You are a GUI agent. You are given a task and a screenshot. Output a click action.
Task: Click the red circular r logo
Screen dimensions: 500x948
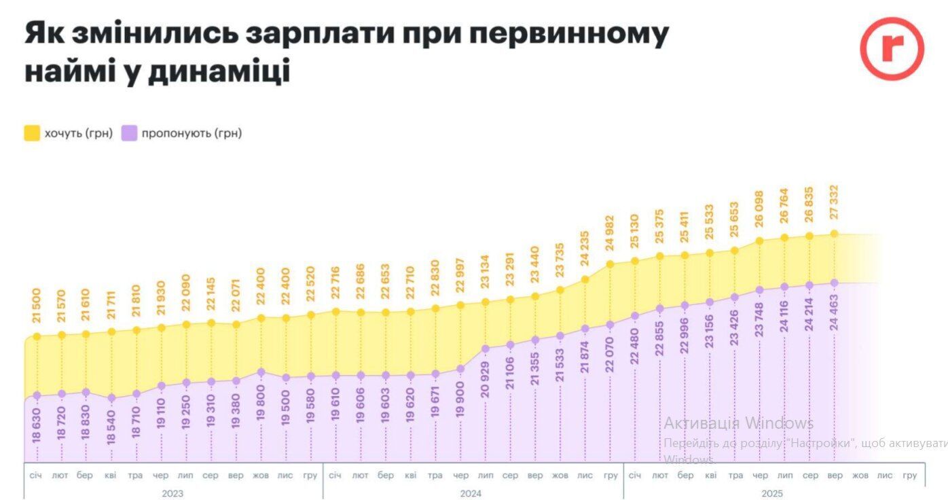[892, 48]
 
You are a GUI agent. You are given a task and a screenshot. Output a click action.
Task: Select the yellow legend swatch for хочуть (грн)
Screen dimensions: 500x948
[32, 133]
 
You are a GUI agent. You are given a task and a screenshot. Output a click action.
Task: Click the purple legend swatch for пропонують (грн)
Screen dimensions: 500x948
[129, 133]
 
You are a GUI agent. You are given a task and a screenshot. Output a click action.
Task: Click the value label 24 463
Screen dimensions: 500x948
[835, 312]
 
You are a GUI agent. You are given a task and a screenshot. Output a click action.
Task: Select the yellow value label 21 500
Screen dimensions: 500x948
[37, 306]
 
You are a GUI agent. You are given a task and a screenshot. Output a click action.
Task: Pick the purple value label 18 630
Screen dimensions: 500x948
[37, 425]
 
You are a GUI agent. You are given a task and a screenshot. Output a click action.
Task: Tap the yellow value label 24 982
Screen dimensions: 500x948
[610, 234]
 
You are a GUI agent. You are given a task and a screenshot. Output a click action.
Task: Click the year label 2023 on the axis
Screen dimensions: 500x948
[172, 493]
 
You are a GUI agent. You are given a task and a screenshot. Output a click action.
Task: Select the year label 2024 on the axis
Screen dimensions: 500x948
[471, 493]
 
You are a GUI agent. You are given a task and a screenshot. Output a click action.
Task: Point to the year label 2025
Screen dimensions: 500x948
[772, 493]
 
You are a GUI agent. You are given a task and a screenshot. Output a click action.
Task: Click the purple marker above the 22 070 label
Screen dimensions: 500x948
[610, 325]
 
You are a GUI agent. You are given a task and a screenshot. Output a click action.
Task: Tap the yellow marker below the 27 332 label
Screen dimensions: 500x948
[835, 234]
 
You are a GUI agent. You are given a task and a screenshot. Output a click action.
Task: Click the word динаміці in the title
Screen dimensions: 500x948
[219, 71]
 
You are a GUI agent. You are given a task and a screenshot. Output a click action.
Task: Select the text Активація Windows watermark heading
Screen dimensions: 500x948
[738, 423]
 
